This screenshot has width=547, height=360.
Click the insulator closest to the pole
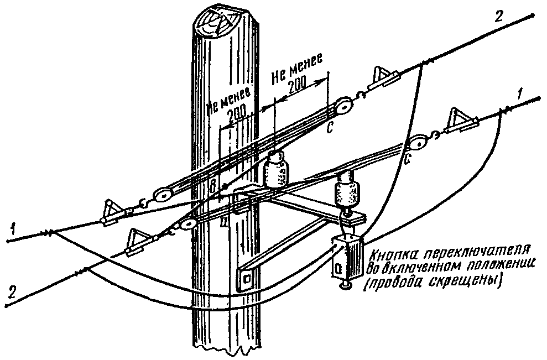pyautogui.click(x=275, y=170)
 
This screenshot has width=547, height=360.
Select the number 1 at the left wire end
pyautogui.click(x=9, y=227)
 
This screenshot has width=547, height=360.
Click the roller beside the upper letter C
pyautogui.click(x=345, y=107)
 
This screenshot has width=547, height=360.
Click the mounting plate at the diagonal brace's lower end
pyautogui.click(x=244, y=279)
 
